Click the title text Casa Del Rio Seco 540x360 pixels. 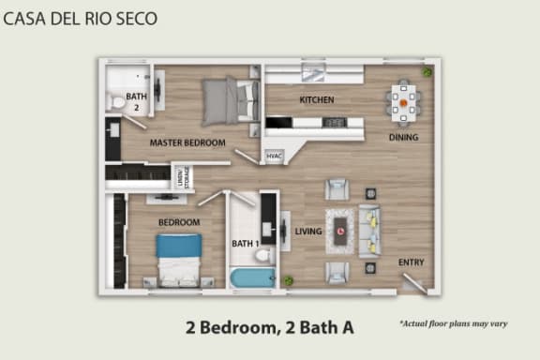tap(82, 18)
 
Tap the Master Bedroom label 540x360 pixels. tap(187, 142)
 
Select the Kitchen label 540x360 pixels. tap(316, 100)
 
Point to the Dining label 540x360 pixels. tap(403, 138)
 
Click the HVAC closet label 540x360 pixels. tap(274, 157)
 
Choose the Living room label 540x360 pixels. tap(308, 232)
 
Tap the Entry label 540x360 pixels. tap(411, 262)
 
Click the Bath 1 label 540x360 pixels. tap(245, 244)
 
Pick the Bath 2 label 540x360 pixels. tap(137, 101)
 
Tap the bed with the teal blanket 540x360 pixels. tap(178, 258)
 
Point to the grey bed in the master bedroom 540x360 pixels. tap(229, 98)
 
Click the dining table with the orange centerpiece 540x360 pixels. tap(405, 102)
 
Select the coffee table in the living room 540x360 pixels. tap(340, 231)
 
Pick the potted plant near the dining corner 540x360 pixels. tap(427, 72)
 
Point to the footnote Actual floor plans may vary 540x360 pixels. tap(453, 323)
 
